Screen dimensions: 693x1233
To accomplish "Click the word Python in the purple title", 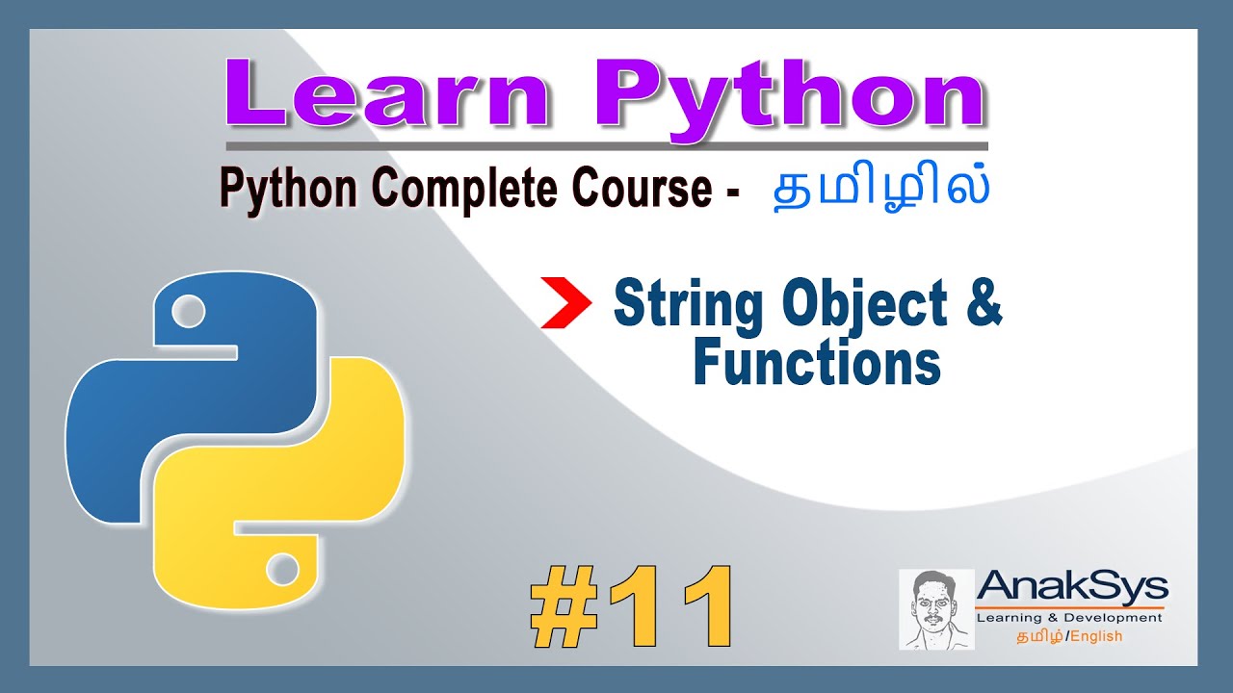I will [x=790, y=95].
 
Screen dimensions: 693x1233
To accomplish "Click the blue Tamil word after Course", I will [x=881, y=189].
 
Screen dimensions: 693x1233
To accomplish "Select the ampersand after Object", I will [x=981, y=305].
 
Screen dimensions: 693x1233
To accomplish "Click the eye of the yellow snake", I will [x=282, y=569].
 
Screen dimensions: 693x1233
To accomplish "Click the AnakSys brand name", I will [x=1072, y=587].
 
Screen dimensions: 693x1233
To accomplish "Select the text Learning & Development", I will [x=1069, y=617].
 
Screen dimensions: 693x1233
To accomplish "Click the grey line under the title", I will [x=607, y=146].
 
